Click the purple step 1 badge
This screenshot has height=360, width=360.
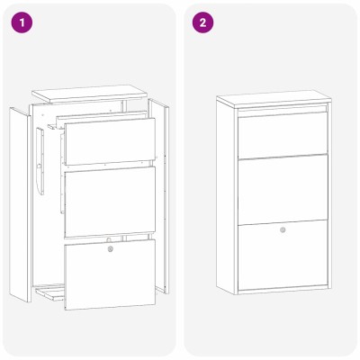tap(22, 22)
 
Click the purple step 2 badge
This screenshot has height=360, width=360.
tap(202, 22)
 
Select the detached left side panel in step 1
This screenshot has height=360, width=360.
tap(20, 204)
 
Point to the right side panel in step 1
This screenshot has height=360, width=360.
tap(159, 195)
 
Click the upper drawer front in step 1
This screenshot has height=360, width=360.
tap(110, 141)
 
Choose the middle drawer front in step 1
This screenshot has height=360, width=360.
tap(110, 202)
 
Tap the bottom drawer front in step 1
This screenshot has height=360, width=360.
tap(110, 274)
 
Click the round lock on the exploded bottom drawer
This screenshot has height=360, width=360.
tap(111, 248)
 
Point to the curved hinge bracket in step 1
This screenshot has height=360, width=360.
tap(40, 162)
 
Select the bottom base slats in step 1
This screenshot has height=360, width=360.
tap(49, 291)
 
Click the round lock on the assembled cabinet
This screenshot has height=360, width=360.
tap(283, 230)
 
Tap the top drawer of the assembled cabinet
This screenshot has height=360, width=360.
tap(283, 134)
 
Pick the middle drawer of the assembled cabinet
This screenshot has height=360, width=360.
tap(283, 190)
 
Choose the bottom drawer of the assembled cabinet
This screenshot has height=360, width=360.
tap(283, 255)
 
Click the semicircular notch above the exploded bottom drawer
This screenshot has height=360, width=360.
tap(109, 239)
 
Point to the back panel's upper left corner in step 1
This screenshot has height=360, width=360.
tap(30, 105)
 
